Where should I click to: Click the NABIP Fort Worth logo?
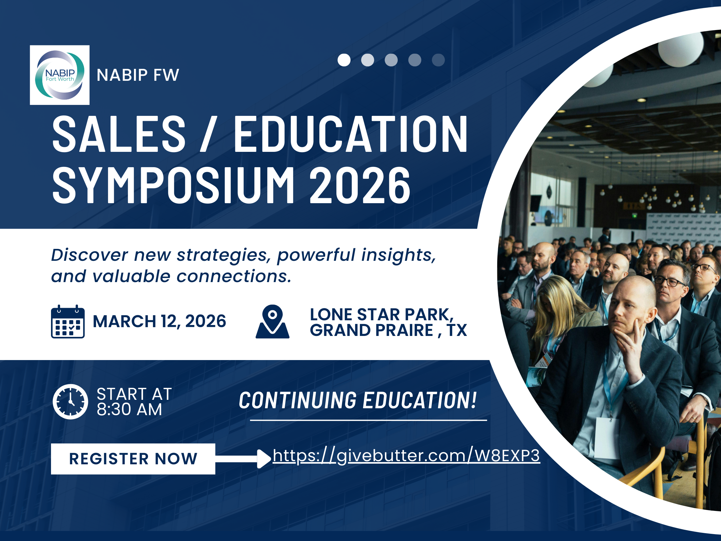[60, 75]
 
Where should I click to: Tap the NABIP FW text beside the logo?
[138, 75]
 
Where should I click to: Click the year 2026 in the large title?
[360, 185]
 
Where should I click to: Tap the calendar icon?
[68, 322]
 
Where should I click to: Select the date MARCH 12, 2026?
[159, 322]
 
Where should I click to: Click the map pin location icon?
[273, 322]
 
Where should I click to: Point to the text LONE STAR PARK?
[382, 315]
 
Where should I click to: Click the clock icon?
[70, 402]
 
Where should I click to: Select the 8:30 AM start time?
[130, 410]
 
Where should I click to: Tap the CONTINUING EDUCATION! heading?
[358, 400]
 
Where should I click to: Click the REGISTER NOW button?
[133, 459]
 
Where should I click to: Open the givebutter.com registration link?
[406, 456]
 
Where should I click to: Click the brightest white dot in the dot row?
[344, 60]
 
